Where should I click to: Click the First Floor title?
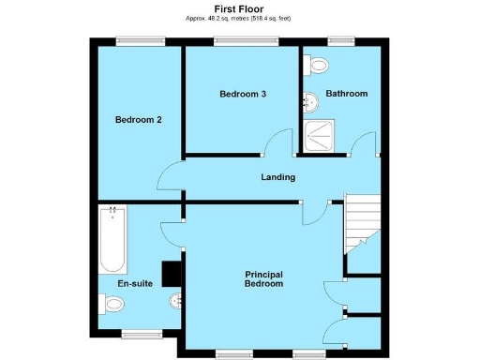239,8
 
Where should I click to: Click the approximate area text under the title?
239,18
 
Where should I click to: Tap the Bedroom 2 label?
139,119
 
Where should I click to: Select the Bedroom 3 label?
243,94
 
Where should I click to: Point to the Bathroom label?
346,94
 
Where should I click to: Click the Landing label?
277,177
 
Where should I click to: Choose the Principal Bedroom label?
263,278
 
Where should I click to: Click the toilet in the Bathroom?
318,65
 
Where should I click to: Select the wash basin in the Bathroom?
308,100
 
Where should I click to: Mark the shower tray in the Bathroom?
321,137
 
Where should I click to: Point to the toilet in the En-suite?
112,303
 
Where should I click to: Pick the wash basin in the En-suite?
176,301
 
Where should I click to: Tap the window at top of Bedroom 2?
140,39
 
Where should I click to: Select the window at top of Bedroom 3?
245,39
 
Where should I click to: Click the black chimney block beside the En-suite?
171,273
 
